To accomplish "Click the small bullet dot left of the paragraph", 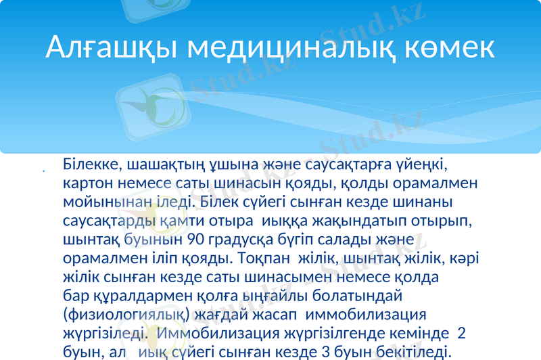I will pyautogui.click(x=43, y=171).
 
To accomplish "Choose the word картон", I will pyautogui.click(x=87, y=183).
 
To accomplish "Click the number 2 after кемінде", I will pyautogui.click(x=462, y=333).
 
